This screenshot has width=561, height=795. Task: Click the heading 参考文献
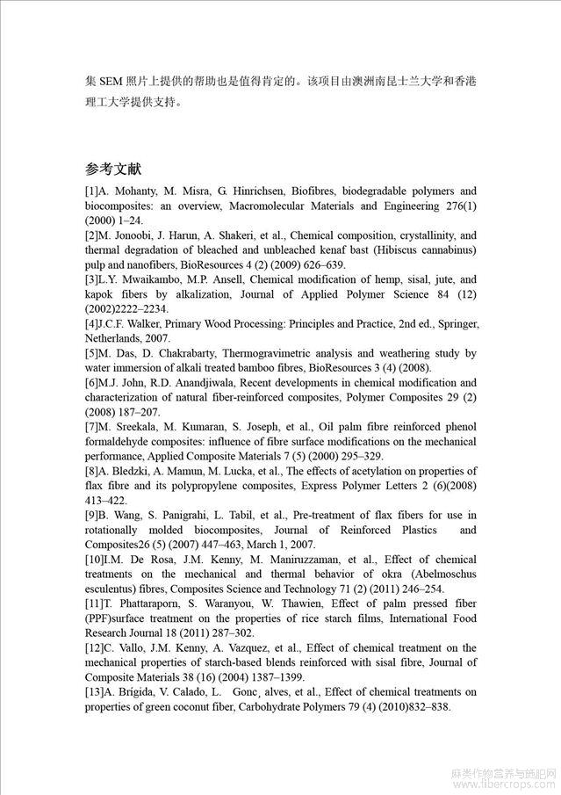pyautogui.click(x=113, y=169)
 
